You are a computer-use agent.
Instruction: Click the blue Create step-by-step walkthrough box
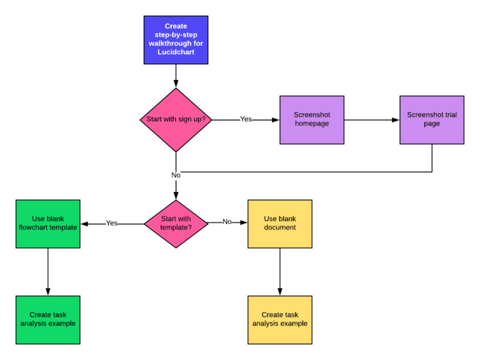click(x=176, y=39)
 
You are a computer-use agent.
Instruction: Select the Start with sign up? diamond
click(x=176, y=119)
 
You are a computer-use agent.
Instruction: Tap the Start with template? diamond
click(x=176, y=223)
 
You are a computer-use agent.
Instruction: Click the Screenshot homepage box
click(x=312, y=119)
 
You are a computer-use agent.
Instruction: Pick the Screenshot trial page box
click(x=432, y=119)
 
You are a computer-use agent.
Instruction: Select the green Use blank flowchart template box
click(x=47, y=223)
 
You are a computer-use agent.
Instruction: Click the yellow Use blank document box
click(x=279, y=223)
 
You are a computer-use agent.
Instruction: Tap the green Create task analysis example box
click(x=47, y=319)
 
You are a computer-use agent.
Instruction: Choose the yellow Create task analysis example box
click(x=279, y=319)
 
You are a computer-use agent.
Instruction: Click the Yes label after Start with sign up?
click(x=246, y=119)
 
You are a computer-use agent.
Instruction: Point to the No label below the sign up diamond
click(x=176, y=175)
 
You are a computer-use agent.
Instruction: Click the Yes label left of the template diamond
click(x=112, y=223)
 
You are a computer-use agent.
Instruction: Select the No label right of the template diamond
click(x=227, y=222)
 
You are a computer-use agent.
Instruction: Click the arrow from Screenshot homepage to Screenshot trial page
click(x=372, y=119)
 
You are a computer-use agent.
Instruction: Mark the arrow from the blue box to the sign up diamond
click(x=176, y=76)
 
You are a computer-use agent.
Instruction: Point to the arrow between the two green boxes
click(x=47, y=271)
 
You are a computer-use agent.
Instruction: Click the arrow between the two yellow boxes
click(x=279, y=271)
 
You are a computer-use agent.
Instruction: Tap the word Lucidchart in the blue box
click(x=176, y=53)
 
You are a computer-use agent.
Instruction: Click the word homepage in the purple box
click(x=312, y=124)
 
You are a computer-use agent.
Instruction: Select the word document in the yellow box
click(x=280, y=227)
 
